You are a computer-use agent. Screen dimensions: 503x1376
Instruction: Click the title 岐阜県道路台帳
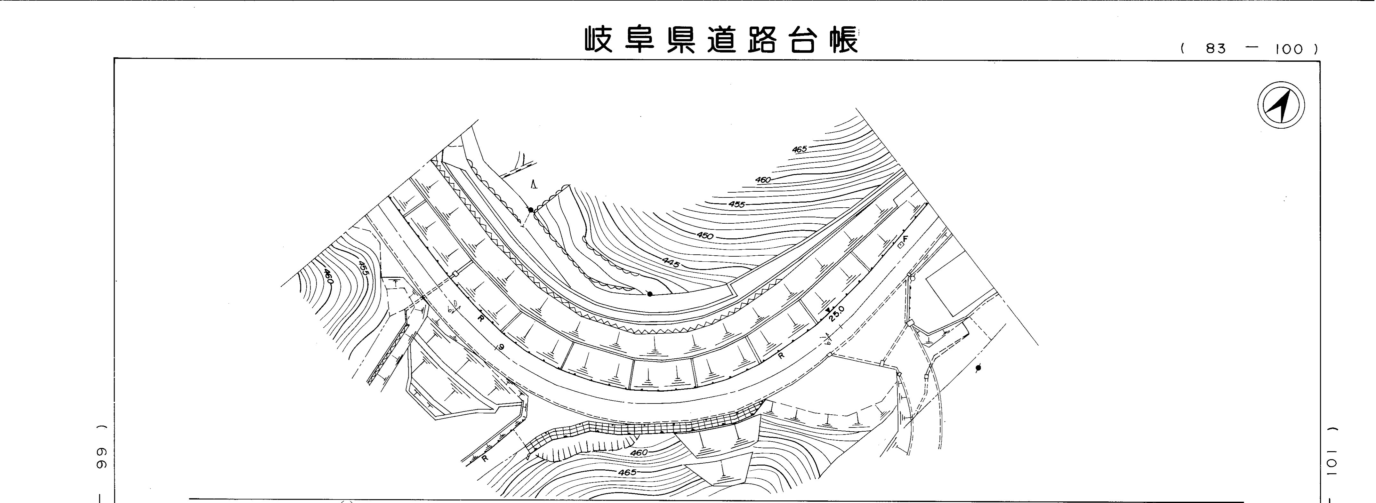[721, 39]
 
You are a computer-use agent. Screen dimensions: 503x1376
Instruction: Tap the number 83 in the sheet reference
[1215, 49]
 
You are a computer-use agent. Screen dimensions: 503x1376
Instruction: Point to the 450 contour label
[705, 236]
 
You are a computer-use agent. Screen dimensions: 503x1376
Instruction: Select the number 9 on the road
[501, 347]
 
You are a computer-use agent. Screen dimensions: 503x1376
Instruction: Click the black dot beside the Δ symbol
[530, 210]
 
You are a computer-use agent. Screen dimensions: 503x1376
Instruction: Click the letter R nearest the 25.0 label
[781, 355]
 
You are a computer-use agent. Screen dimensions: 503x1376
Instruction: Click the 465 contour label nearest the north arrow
[799, 149]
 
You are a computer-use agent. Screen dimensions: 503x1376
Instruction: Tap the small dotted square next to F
[900, 245]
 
